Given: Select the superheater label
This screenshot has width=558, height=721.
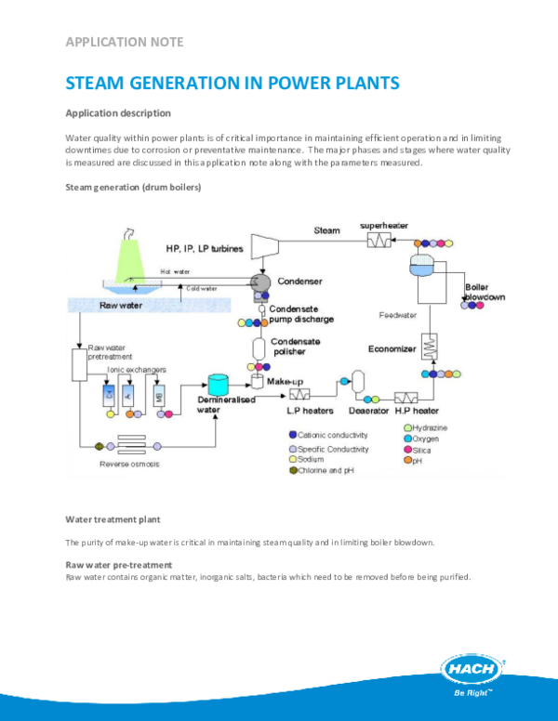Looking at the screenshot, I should [385, 226].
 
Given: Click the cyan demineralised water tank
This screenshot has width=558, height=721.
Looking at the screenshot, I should [219, 384].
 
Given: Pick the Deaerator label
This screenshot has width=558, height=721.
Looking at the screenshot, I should [369, 408].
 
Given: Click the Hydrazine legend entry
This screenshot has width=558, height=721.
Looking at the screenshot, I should [429, 427].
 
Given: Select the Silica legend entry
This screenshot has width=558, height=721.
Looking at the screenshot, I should [423, 450].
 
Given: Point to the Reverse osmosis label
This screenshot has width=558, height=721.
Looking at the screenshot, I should [129, 463].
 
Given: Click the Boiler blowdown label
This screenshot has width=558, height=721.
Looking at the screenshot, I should [483, 293].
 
